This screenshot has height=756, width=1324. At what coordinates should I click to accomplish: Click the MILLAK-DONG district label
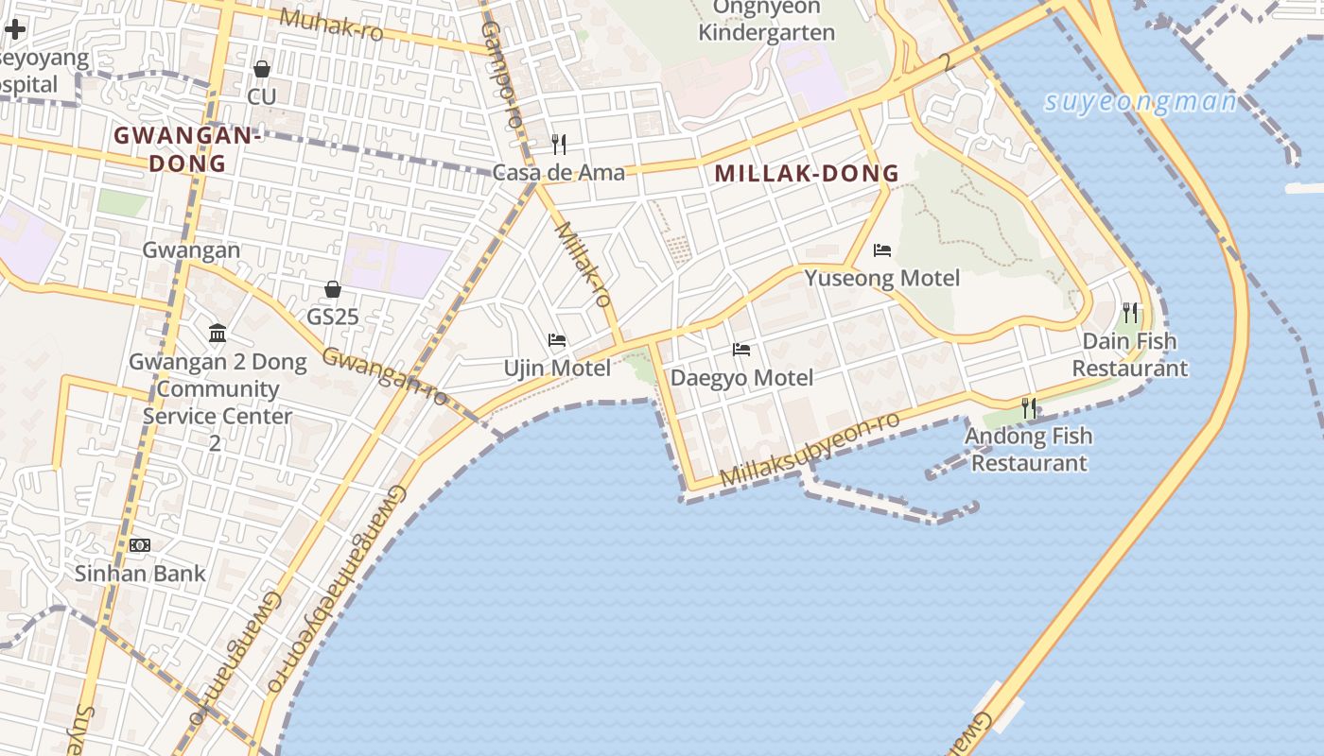coord(806,174)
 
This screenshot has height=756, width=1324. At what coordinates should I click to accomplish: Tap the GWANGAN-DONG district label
coord(186,149)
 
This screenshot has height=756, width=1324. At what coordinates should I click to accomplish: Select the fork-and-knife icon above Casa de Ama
coord(559,144)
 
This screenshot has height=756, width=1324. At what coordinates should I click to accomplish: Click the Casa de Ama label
coord(559,173)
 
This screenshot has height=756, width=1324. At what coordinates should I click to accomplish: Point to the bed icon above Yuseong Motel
coord(882,250)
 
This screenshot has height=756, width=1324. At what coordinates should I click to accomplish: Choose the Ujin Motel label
coord(557,368)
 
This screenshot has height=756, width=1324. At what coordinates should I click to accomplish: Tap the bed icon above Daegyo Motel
coord(741,350)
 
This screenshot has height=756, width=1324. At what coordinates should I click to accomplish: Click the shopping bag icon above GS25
coord(332,289)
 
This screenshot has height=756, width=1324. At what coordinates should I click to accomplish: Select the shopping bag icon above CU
coord(262,69)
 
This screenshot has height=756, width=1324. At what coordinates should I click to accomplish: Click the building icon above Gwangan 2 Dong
coord(218,333)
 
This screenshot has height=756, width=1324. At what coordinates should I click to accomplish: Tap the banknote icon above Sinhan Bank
coord(140,544)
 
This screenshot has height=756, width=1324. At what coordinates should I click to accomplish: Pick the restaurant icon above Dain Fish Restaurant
coord(1129,312)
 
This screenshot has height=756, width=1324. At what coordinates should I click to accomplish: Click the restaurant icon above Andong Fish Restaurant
coord(1028,408)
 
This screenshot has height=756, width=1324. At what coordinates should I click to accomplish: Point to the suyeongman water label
coord(1141,102)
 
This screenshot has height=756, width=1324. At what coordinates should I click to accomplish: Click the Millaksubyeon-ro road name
coord(810,450)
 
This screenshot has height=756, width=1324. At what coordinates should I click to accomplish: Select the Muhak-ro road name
coord(331,25)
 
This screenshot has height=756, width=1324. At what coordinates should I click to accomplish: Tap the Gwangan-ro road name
coord(385,375)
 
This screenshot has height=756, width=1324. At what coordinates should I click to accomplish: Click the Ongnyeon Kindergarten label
coord(766,20)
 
